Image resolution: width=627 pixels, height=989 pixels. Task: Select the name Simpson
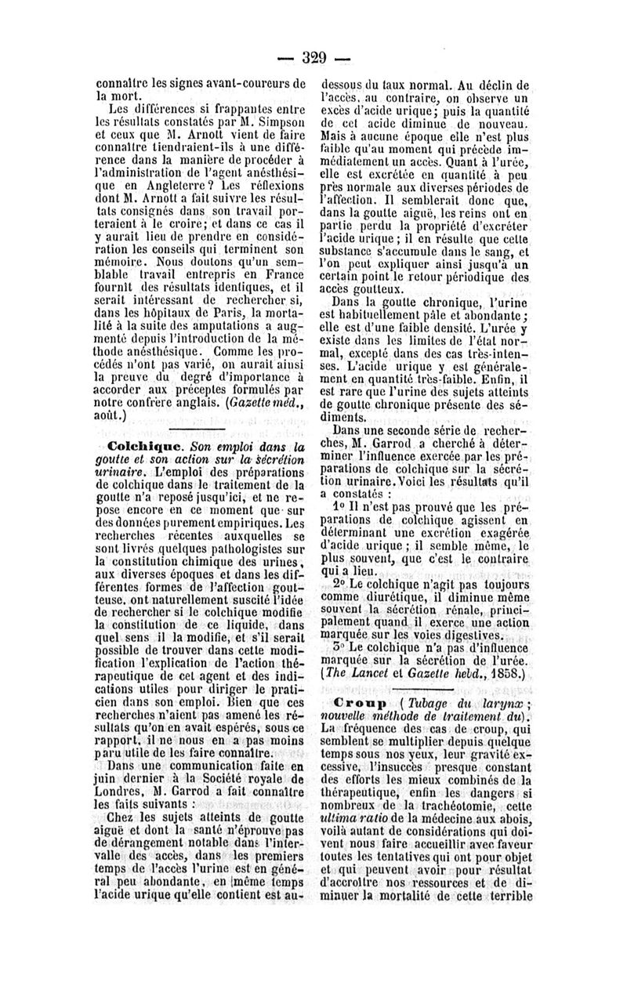[279, 122]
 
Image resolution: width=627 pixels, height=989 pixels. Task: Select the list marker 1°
[339, 506]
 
